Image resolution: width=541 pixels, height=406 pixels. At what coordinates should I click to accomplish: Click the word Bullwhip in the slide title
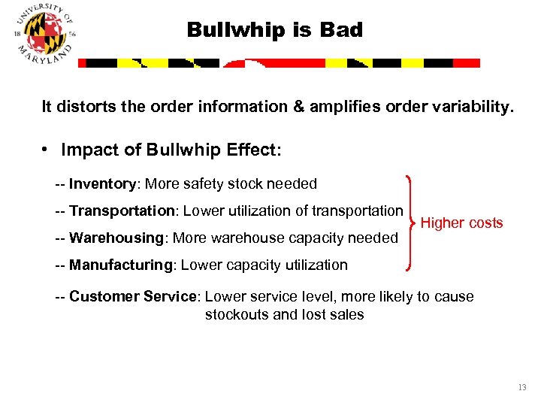(x=222, y=30)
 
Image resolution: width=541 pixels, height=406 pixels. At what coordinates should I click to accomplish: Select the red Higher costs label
(x=461, y=223)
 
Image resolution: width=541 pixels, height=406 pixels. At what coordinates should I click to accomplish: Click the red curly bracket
(x=410, y=223)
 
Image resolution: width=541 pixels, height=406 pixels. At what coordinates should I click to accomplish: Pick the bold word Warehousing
(x=116, y=238)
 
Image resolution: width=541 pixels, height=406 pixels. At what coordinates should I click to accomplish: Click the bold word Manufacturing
(x=120, y=265)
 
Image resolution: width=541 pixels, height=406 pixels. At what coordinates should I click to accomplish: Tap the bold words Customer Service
(x=132, y=296)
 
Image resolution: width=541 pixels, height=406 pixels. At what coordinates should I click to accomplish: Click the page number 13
(x=522, y=388)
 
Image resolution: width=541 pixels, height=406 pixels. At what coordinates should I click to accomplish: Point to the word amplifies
(x=343, y=107)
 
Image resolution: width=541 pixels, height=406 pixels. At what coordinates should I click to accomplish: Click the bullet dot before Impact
(x=46, y=150)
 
